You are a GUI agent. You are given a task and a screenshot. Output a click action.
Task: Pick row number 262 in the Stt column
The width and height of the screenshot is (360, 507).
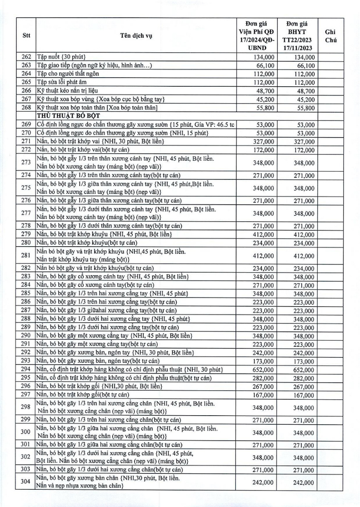pyautogui.click(x=26, y=57)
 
